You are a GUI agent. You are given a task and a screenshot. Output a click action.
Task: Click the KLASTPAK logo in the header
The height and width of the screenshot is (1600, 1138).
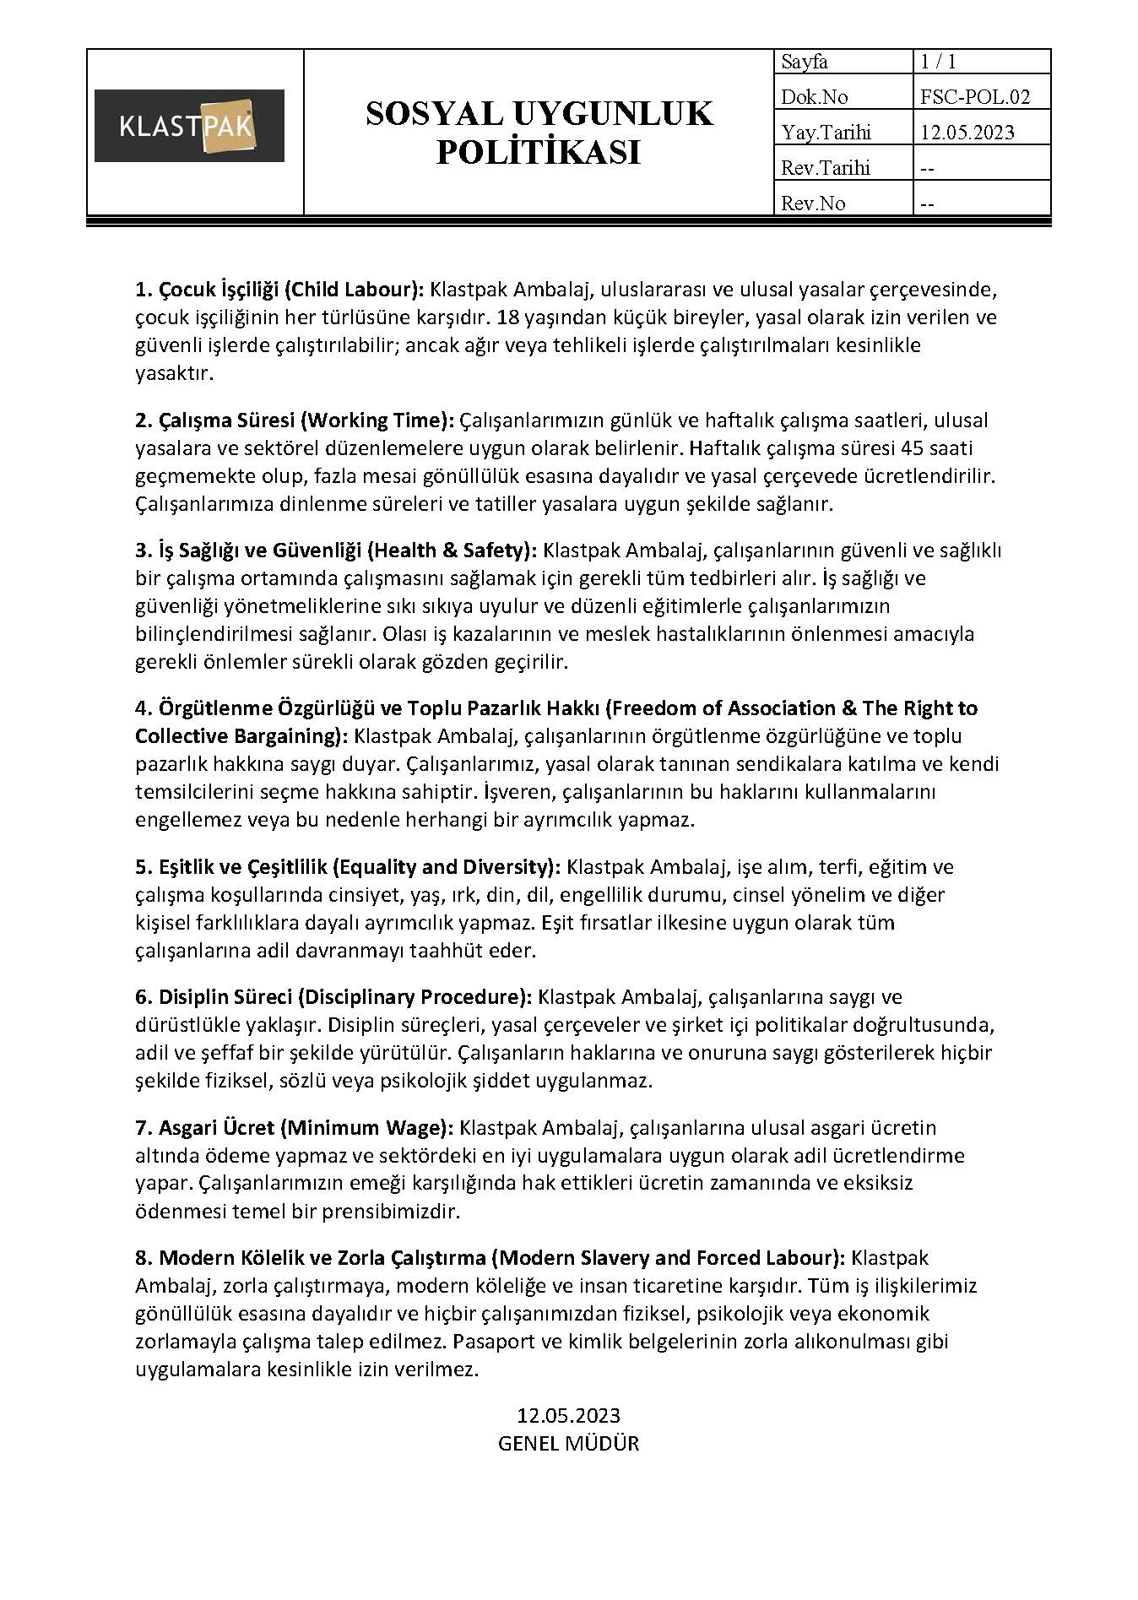pos(189,126)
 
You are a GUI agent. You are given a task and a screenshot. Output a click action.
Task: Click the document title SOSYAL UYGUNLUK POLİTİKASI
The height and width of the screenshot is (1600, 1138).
pos(539,133)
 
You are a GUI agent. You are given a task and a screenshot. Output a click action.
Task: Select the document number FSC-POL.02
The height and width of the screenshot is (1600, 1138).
pos(975,97)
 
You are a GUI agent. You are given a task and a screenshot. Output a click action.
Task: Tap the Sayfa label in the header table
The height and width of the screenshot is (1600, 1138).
pos(805,62)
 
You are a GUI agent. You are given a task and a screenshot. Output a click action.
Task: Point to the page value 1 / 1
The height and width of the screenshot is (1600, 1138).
pos(938,62)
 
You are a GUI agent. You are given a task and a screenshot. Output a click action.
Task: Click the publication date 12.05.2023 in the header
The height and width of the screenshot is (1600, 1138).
pos(967,133)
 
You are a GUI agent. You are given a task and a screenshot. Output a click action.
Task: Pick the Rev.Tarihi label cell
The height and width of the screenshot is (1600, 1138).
pos(826,168)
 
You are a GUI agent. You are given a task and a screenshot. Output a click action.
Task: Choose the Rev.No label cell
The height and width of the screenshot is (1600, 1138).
pos(813,203)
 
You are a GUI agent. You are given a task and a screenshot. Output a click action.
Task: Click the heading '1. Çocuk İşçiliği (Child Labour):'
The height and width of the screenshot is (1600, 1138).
pos(279,290)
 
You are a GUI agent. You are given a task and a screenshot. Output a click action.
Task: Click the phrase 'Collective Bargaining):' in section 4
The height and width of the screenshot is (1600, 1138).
pos(241,735)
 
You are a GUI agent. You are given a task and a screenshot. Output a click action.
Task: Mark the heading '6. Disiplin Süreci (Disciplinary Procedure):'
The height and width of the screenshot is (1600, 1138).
pos(333,997)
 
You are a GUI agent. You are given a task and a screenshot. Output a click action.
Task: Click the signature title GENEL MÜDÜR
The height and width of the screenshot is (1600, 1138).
pos(568,1443)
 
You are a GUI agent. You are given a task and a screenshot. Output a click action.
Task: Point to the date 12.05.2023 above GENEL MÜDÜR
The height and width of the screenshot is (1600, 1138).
pos(568,1415)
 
